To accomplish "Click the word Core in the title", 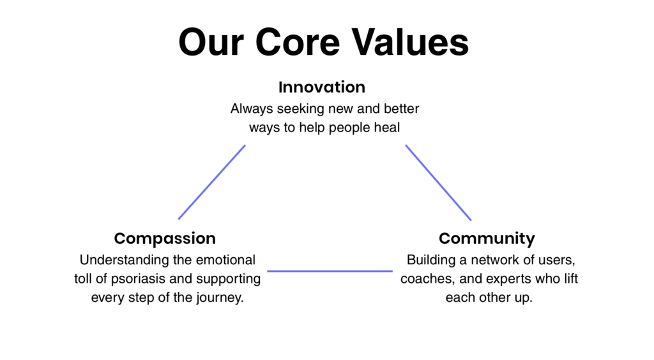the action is [x=298, y=42].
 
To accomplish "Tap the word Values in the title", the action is [x=410, y=42].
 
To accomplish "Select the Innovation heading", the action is [x=322, y=87].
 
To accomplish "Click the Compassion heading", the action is [x=165, y=239].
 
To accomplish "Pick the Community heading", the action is [x=487, y=239].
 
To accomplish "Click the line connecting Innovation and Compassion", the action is [x=212, y=182].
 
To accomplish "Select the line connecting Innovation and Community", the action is [x=438, y=183].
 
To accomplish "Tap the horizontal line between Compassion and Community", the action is [x=330, y=271].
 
